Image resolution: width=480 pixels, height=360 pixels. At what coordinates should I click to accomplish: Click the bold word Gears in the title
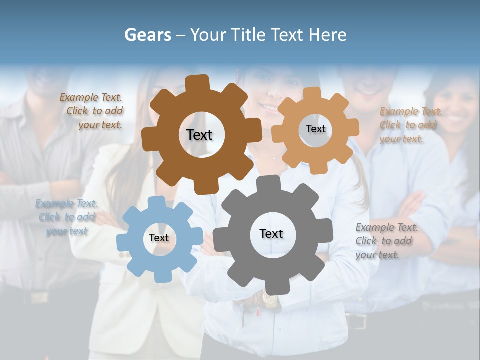coord(147,35)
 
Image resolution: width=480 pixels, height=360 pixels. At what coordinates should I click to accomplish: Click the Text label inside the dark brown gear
coord(199,135)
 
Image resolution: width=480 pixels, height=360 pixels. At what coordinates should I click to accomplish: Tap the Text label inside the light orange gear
coord(315,129)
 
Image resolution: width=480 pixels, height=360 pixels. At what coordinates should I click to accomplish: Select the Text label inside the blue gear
coord(159,238)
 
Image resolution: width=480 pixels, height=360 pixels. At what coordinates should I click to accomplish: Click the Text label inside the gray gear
coord(271,234)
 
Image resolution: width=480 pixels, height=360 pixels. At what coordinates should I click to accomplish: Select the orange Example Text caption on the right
coord(410,125)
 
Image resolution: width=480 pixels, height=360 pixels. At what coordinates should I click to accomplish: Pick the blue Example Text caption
coord(66,217)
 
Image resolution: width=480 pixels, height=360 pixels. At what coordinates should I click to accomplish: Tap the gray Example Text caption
coord(386,241)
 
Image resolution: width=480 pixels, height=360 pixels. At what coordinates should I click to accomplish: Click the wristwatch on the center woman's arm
coord(269,300)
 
